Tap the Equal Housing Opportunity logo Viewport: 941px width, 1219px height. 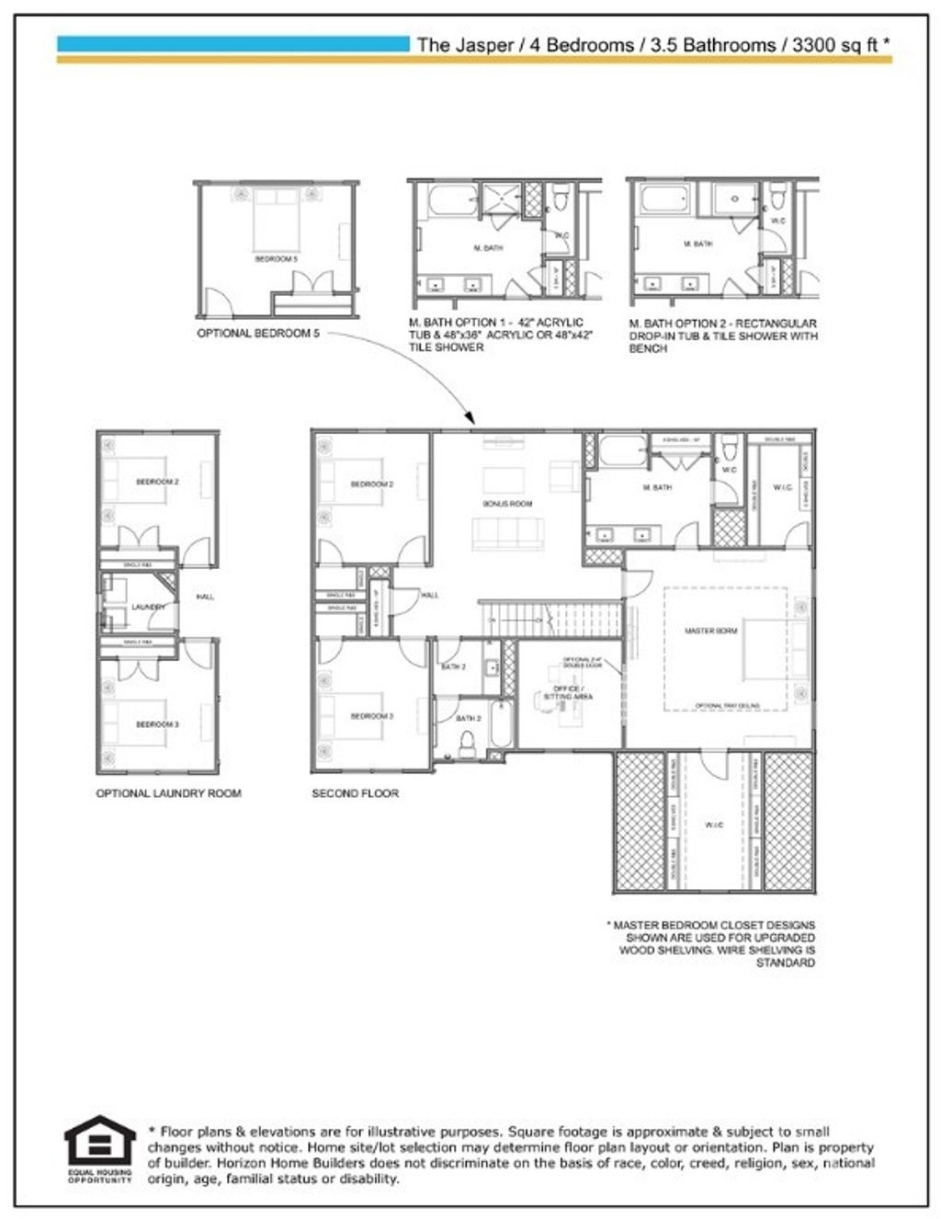(99, 1148)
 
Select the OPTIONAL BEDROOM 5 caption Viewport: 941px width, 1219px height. (258, 333)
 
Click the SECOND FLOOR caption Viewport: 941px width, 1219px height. (355, 792)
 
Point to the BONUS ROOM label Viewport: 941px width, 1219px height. (507, 504)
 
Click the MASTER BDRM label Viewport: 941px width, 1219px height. (711, 631)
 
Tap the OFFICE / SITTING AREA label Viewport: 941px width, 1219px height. (568, 692)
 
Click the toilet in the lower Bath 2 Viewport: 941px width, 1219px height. (467, 743)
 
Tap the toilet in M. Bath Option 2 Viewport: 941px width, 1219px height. (778, 195)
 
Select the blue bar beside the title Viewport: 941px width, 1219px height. (233, 43)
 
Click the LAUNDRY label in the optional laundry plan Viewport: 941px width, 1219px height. (148, 607)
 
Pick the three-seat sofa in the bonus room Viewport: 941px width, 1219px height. (508, 532)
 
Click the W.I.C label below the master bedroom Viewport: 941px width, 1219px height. (714, 825)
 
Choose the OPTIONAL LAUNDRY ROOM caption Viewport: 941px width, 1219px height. (168, 792)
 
